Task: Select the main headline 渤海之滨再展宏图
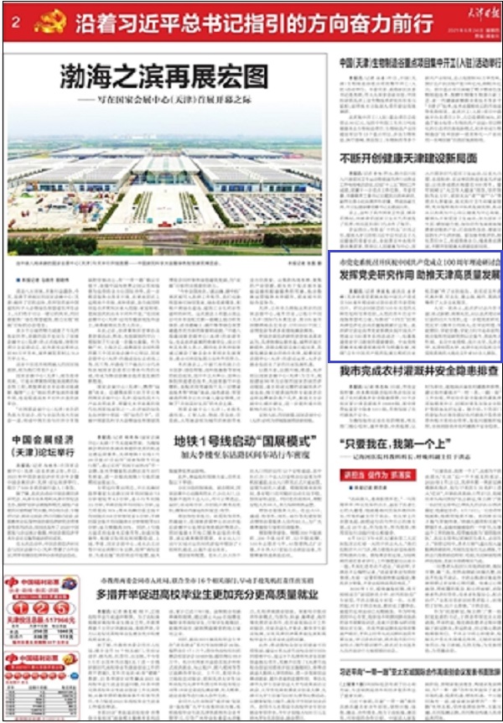pos(164,78)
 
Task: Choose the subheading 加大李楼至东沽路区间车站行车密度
pos(243,458)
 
